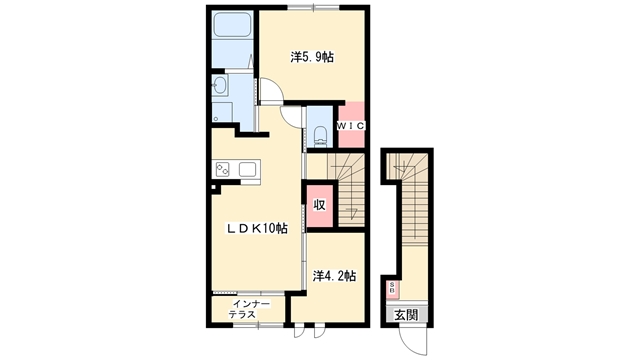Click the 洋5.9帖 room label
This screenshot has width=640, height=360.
tap(312, 57)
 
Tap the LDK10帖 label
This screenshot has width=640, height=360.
tap(257, 228)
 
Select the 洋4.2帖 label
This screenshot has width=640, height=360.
tap(334, 276)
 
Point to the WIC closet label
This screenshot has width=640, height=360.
tap(350, 126)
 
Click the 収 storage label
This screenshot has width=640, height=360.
tap(320, 205)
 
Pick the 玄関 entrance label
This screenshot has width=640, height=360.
tap(406, 315)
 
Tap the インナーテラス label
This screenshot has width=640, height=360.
tap(249, 309)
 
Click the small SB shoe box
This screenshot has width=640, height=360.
tap(392, 288)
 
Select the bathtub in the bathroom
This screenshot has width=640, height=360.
tap(233, 24)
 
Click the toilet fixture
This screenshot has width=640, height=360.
tap(321, 136)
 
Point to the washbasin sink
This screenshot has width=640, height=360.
tap(220, 86)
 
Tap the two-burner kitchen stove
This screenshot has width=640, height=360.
tap(223, 169)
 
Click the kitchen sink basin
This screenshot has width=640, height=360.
tap(247, 169)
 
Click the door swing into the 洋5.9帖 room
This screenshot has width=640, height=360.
tap(270, 90)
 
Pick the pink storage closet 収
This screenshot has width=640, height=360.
tap(320, 206)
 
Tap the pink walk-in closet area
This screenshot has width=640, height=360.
tap(351, 125)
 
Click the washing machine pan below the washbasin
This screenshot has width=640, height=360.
tap(222, 111)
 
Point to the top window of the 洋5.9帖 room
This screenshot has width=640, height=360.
tap(313, 7)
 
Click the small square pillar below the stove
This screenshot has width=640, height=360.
tap(213, 187)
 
